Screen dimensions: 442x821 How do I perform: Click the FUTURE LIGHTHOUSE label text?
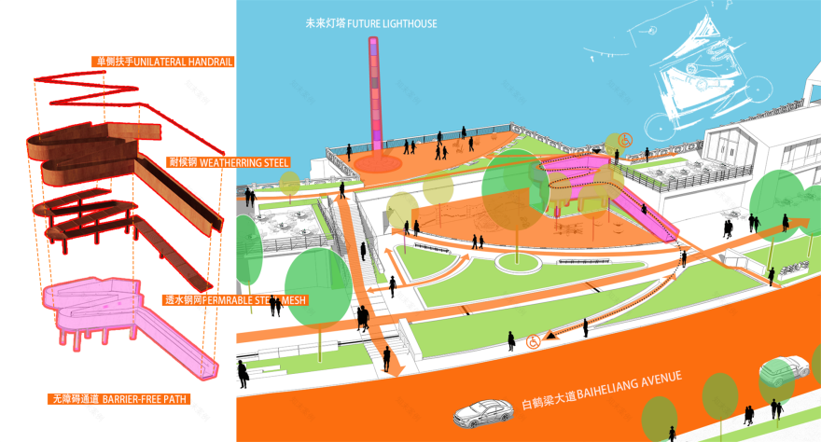370,22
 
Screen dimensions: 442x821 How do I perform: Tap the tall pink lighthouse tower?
376,93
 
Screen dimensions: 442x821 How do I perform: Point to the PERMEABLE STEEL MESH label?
235,300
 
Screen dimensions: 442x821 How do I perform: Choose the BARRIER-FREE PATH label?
118,399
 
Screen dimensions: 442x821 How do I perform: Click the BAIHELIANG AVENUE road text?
602,392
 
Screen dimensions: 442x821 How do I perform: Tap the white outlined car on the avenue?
489,410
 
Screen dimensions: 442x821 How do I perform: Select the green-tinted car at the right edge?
784,370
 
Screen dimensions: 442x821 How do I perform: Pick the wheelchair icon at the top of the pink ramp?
625,140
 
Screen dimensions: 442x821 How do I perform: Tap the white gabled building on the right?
746,154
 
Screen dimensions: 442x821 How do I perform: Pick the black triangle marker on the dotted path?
550,333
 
